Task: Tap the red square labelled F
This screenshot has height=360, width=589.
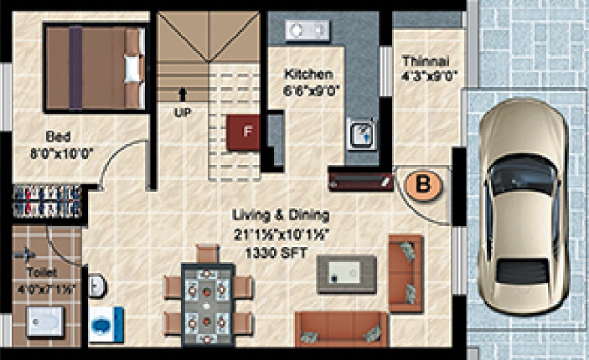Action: tap(246, 131)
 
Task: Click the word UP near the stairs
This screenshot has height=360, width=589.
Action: tap(181, 111)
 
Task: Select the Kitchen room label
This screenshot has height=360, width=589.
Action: tap(308, 74)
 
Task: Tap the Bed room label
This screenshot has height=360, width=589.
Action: tap(58, 136)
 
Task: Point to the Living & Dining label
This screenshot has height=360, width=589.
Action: tap(282, 214)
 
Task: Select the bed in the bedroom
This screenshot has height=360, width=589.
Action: tap(94, 66)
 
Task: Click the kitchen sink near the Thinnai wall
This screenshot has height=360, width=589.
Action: tap(360, 134)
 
